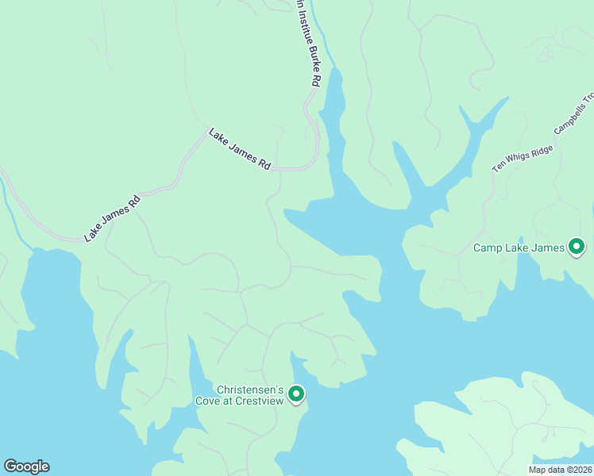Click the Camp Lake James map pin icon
pos(577,248)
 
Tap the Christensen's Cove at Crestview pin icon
pos(296,393)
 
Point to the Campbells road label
pos(573,116)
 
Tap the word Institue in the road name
pos(303,24)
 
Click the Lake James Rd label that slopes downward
pos(240,149)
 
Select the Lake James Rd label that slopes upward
pos(113,218)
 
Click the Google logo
pos(26,466)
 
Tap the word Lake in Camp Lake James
pos(518,248)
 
